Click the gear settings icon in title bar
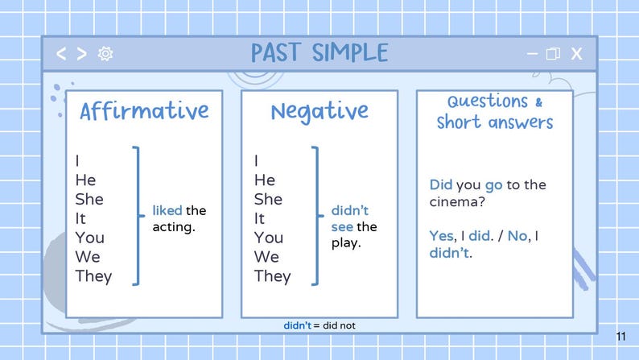click(105, 54)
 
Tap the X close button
click(576, 54)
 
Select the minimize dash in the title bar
click(532, 53)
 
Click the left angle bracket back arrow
click(61, 54)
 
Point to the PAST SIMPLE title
click(319, 53)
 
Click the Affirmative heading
click(144, 110)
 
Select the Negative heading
click(319, 110)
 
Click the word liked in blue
click(167, 211)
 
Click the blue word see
click(343, 226)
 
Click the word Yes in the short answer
click(441, 236)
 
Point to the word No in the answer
click(517, 236)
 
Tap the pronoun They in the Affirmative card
click(94, 276)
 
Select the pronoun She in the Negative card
click(269, 199)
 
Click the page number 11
click(620, 336)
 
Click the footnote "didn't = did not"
click(319, 325)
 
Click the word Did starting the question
click(441, 185)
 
